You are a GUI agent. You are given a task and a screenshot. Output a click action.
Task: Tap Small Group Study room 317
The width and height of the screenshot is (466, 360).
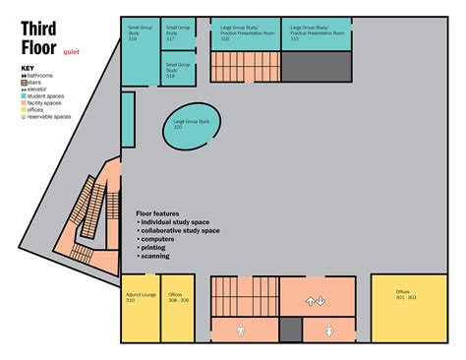click(178, 34)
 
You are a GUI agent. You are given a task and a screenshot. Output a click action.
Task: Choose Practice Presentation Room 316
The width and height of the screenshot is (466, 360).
click(245, 34)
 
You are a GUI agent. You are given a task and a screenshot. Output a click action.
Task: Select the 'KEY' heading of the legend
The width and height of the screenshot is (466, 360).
click(28, 68)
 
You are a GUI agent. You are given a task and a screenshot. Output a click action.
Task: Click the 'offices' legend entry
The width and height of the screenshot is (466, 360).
click(39, 109)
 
